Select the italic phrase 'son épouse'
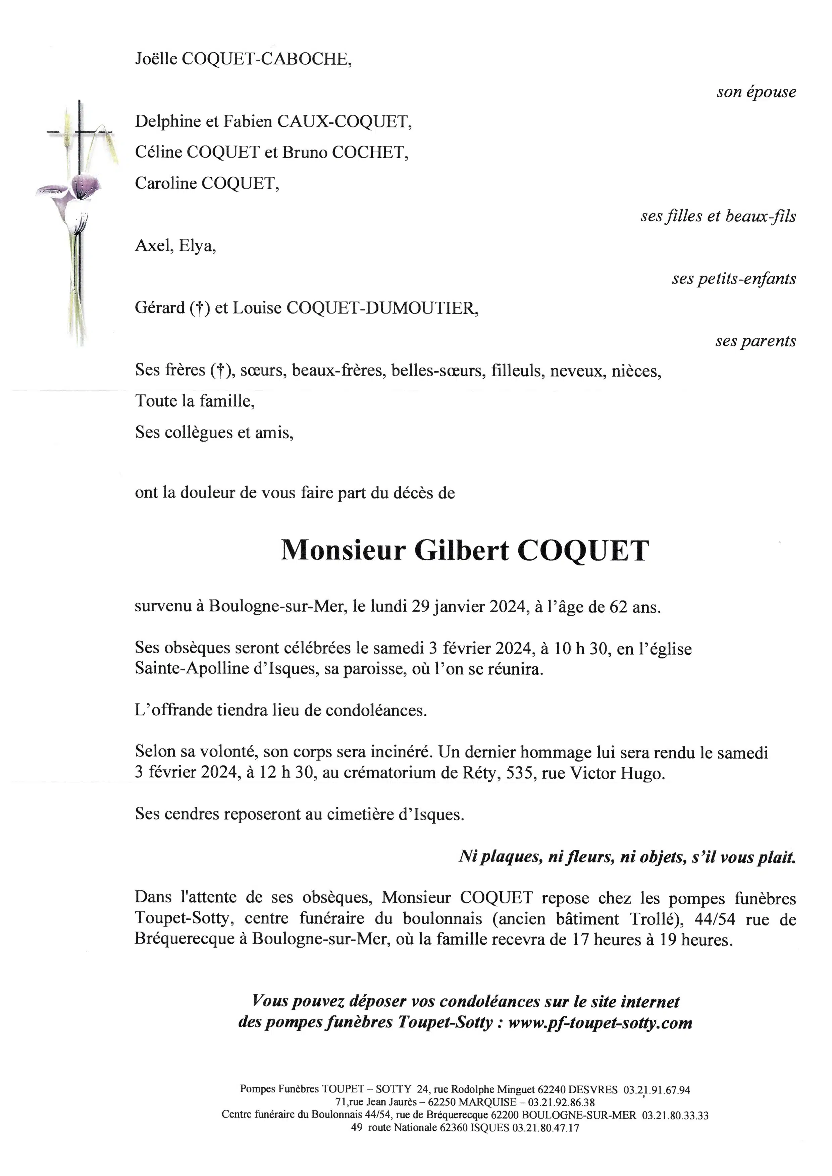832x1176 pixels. pyautogui.click(x=756, y=92)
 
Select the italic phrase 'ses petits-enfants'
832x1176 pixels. pyautogui.click(x=734, y=279)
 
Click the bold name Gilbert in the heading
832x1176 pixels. pyautogui.click(x=461, y=551)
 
